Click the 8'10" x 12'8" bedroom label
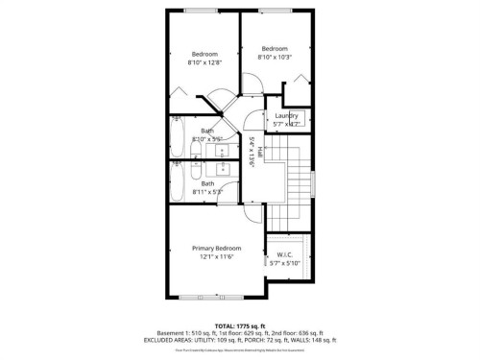204,58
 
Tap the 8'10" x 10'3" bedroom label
275,53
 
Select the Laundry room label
286,116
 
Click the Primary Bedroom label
215,248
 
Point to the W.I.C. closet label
287,254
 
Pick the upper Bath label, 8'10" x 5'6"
206,134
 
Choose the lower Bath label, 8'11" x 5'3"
207,187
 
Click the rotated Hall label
252,152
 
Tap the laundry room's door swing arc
253,121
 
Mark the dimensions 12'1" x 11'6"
215,257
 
